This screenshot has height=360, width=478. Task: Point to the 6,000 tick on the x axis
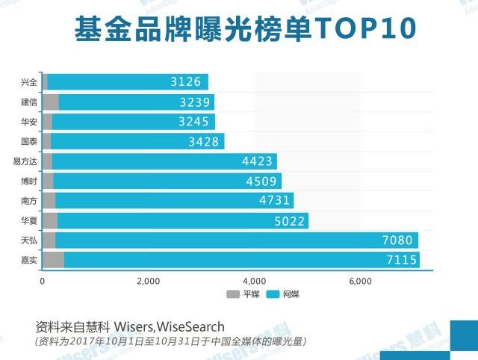(x=361, y=281)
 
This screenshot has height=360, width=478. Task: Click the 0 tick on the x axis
(x=42, y=281)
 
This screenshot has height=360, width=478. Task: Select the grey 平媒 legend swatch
(x=232, y=294)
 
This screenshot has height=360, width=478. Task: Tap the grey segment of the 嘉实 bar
(x=52, y=260)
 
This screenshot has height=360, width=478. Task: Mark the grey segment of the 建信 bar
(x=50, y=102)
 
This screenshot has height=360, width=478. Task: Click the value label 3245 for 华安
(x=192, y=122)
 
